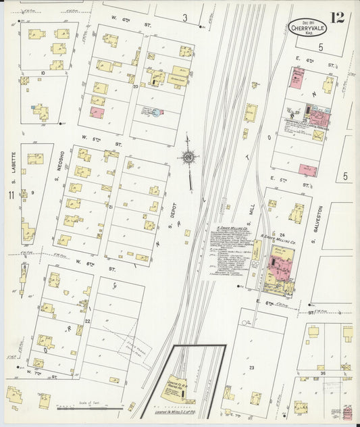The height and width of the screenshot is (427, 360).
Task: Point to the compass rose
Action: click(188, 157)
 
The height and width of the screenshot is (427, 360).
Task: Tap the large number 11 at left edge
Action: click(11, 195)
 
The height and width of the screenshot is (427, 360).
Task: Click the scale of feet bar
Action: click(90, 407)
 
